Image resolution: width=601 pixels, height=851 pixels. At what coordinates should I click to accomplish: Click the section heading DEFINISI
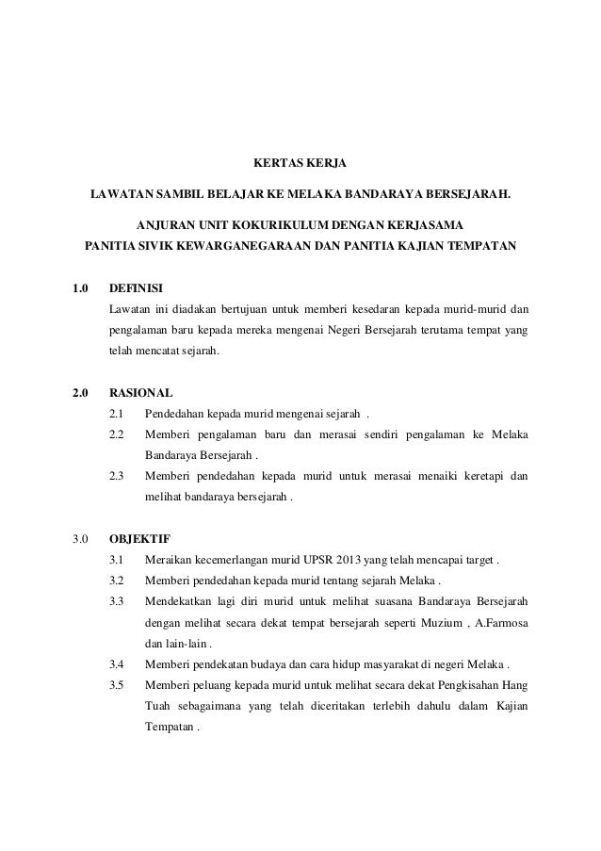click(141, 287)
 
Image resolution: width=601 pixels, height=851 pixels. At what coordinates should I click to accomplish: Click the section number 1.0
click(81, 287)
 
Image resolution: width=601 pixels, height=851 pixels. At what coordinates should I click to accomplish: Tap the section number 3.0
click(81, 540)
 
